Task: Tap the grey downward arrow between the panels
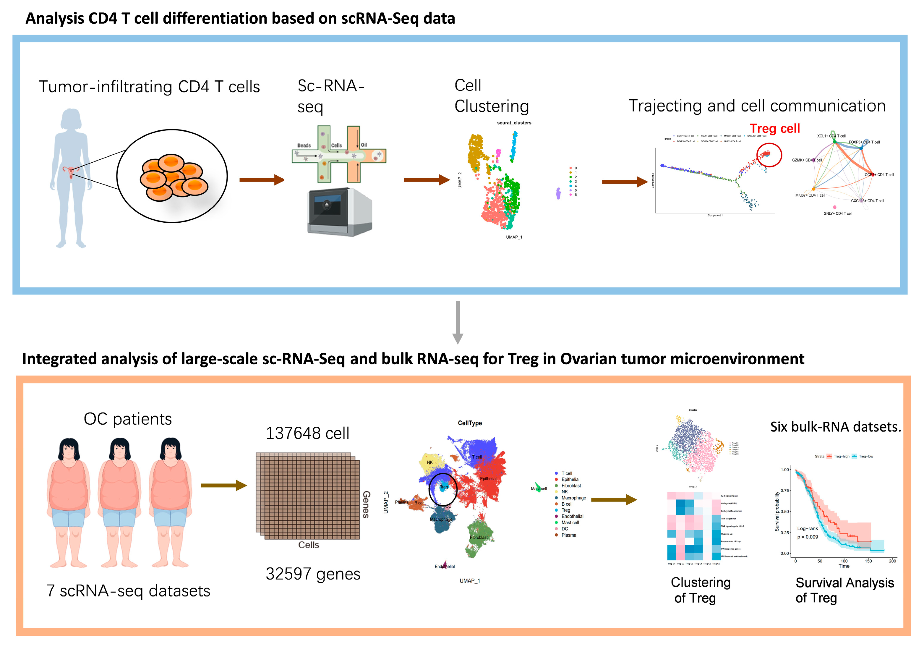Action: [458, 322]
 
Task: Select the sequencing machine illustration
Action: [340, 212]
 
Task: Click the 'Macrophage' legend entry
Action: [573, 498]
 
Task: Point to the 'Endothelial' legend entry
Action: [572, 516]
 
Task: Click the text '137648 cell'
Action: [307, 433]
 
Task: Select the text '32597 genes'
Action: [313, 574]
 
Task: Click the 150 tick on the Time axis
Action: [868, 561]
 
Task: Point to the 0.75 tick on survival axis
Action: [785, 491]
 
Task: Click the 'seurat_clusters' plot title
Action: [514, 123]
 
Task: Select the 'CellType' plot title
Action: [470, 423]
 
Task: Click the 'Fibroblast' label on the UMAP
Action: [479, 537]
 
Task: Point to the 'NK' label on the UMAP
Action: [430, 462]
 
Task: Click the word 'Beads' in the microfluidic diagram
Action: [304, 145]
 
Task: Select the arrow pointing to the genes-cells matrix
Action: [223, 486]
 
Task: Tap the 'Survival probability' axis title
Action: [777, 511]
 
